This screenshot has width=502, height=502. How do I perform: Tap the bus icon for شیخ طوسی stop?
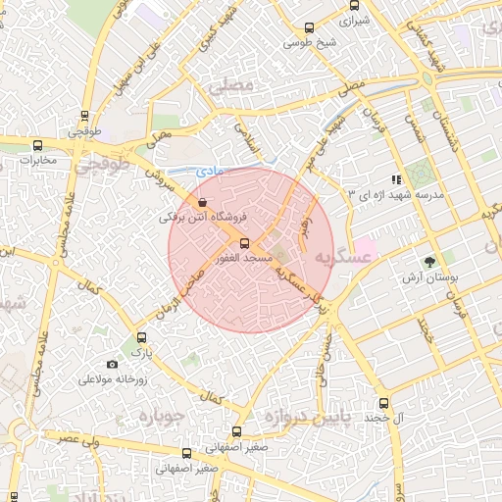[x=310, y=28]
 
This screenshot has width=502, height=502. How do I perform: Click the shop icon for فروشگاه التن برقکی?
[x=202, y=202]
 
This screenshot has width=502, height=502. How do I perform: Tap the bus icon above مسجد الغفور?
[x=244, y=244]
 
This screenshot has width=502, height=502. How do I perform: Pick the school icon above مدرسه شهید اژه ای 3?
[x=396, y=179]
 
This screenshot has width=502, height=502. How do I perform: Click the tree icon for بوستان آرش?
[x=428, y=261]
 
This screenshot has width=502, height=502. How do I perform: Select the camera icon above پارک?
[x=140, y=337]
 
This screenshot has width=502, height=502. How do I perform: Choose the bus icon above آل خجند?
[x=382, y=403]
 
